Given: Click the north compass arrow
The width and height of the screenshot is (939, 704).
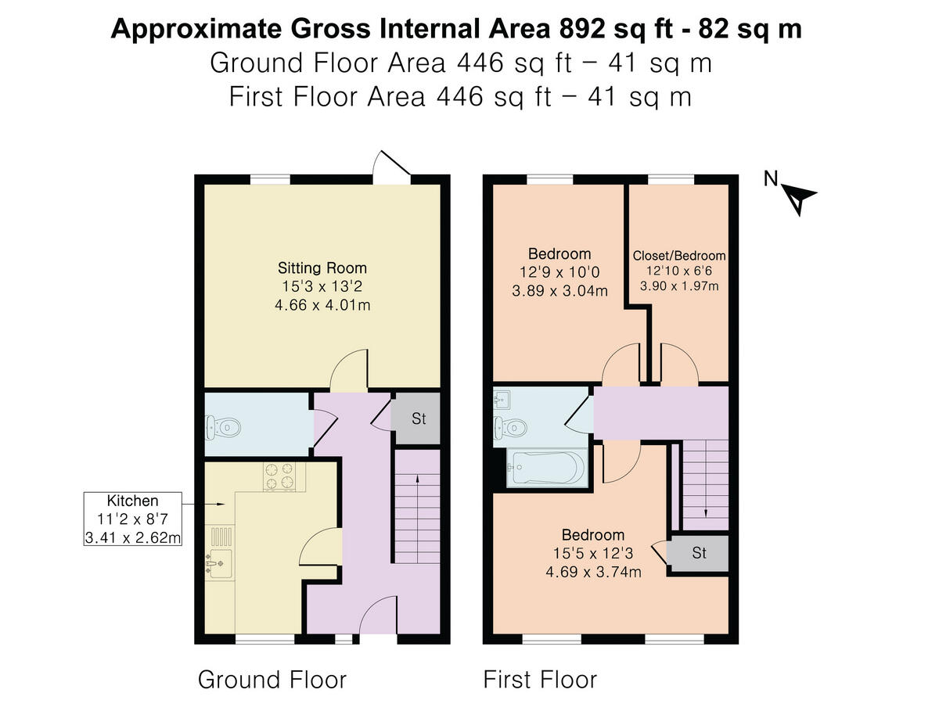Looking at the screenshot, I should click(x=800, y=198).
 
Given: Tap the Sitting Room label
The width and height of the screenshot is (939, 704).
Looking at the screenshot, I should click(x=322, y=268).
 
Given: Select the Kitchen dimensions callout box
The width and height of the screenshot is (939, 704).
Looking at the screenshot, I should click(x=133, y=519).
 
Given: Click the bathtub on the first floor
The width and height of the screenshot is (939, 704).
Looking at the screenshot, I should click(x=545, y=469).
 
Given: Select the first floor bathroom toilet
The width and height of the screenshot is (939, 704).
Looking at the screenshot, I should click(x=513, y=427).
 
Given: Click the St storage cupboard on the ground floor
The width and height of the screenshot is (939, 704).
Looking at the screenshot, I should click(x=419, y=418).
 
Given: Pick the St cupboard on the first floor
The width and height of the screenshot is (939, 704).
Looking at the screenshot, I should click(x=699, y=553).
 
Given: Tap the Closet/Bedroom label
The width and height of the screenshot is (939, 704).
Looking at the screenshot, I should click(x=678, y=256).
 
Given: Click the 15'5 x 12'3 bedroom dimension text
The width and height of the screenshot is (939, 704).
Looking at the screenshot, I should click(x=593, y=554).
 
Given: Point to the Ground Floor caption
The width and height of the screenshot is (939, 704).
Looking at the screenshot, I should click(x=272, y=679).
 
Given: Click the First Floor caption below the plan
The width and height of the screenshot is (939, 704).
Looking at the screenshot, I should click(x=540, y=679).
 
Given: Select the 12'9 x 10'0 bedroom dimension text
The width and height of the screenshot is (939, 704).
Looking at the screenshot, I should click(x=559, y=272).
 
